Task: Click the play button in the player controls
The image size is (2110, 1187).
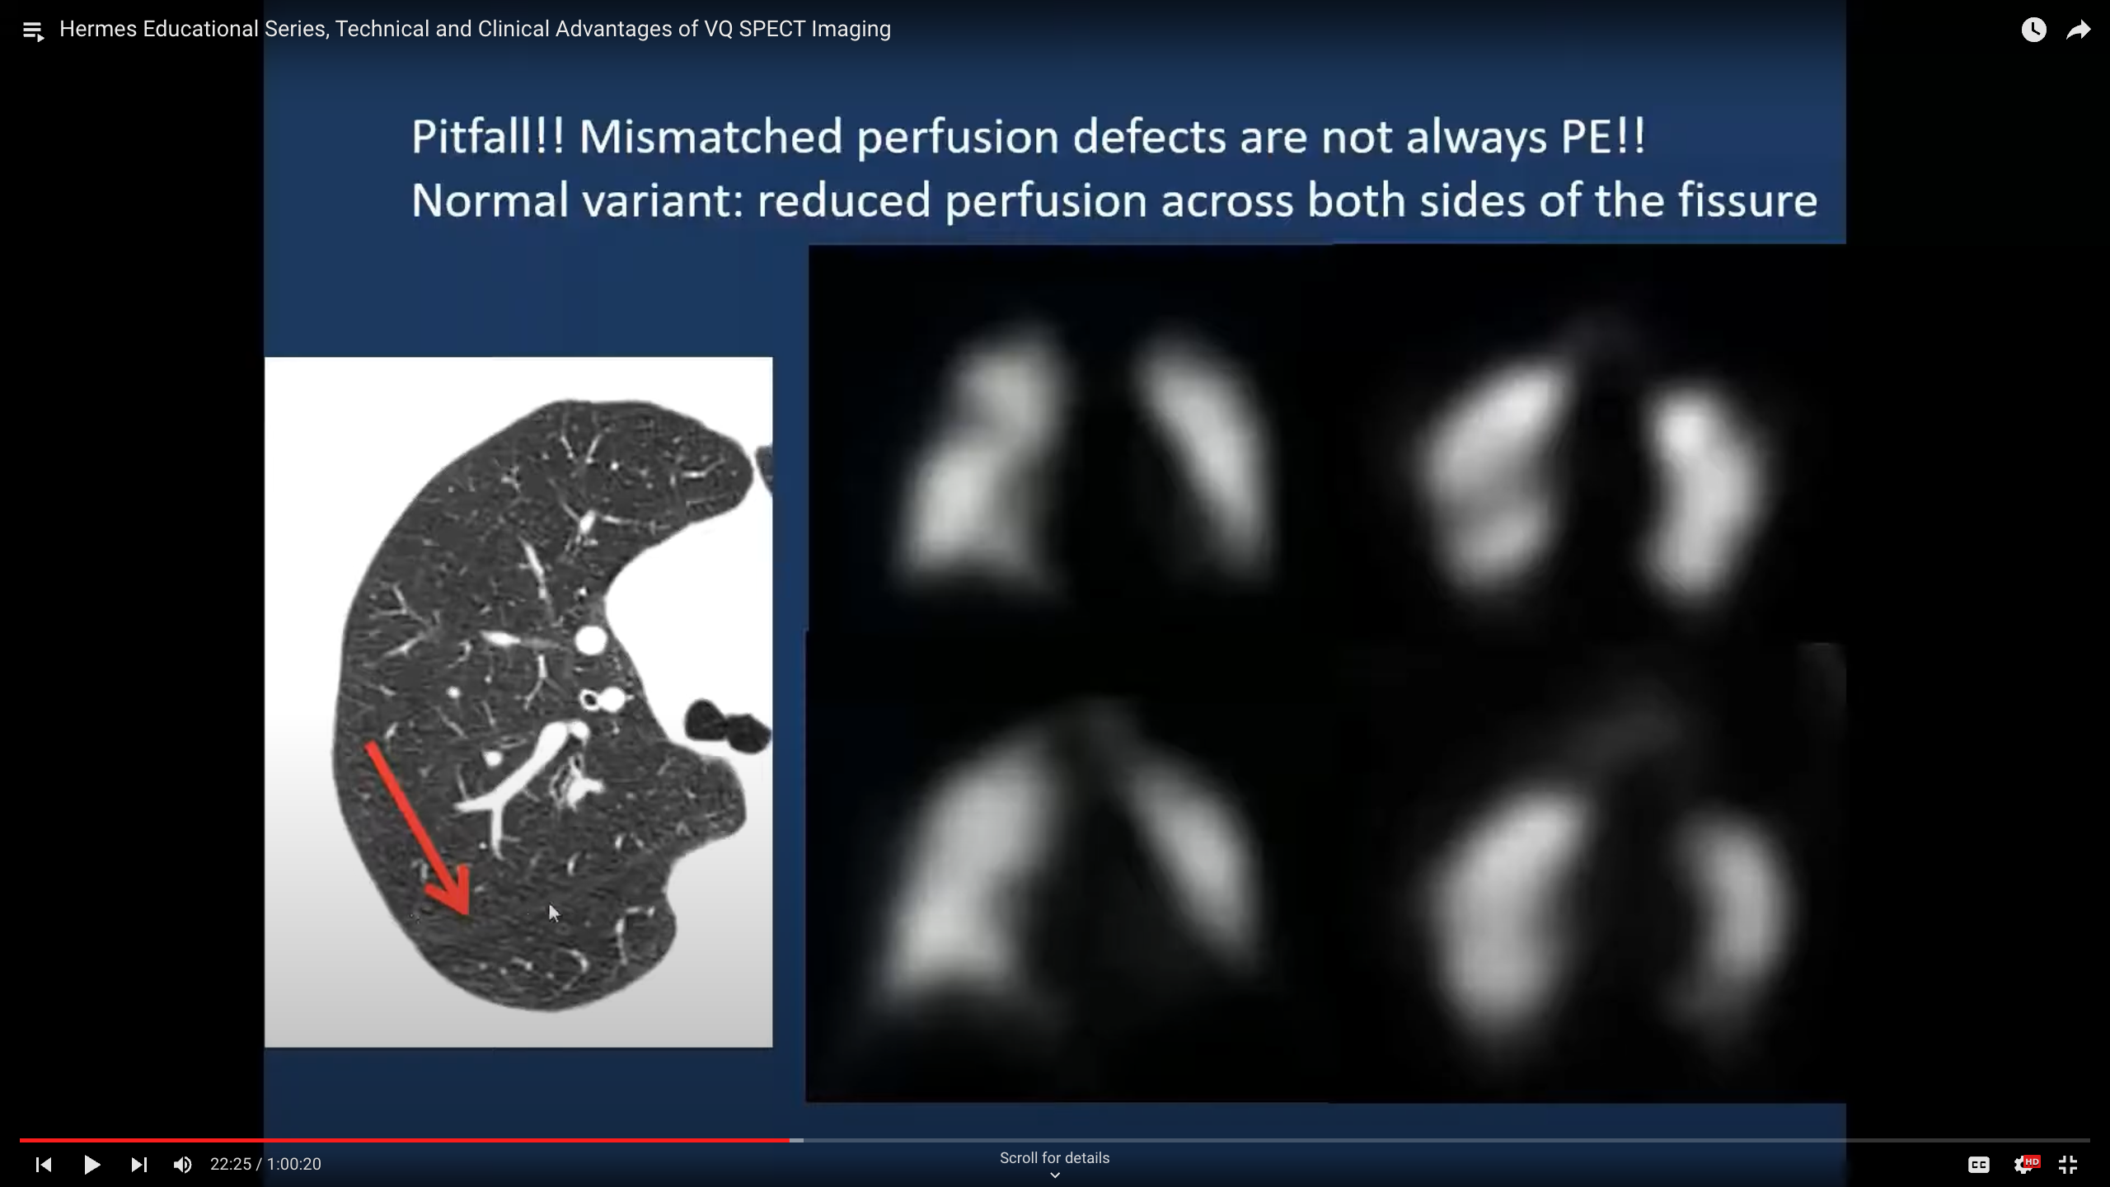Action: (x=92, y=1164)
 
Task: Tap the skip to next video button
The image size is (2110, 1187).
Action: (x=138, y=1164)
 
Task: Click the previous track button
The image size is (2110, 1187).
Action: (x=44, y=1164)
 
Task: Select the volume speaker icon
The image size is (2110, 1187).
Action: (x=182, y=1164)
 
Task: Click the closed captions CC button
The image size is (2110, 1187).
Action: (x=1978, y=1164)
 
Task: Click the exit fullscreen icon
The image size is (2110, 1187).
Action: (x=2067, y=1164)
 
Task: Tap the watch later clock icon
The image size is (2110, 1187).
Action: (x=2033, y=30)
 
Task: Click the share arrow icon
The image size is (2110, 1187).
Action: (x=2079, y=30)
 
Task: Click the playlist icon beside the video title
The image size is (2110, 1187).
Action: (x=33, y=31)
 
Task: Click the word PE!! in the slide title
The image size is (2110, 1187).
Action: (x=1603, y=136)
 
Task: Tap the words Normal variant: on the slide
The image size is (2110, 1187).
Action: (x=577, y=200)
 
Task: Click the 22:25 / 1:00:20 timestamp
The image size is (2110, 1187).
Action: (x=265, y=1164)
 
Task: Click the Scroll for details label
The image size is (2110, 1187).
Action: (x=1054, y=1157)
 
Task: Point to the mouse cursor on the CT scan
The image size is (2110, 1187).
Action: (x=553, y=912)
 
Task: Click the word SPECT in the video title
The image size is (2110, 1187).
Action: (x=771, y=29)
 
